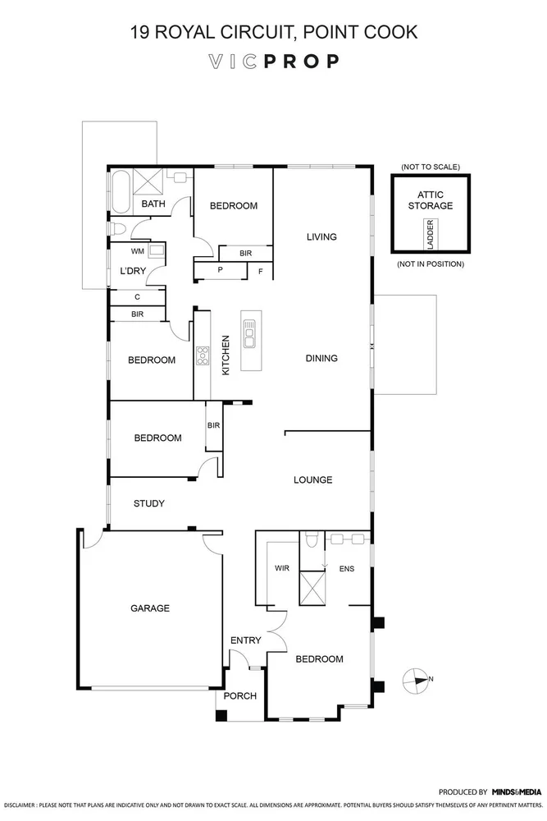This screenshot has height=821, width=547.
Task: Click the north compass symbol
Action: pos(417,678)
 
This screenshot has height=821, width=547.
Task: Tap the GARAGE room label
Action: pos(150,608)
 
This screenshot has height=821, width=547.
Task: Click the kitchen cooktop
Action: pos(202,355)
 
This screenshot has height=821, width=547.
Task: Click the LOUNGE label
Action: pos(314,479)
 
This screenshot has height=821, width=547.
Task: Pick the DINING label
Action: pos(321,358)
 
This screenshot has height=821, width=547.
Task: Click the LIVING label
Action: pos(321,237)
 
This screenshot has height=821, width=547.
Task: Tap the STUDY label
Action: pos(148,503)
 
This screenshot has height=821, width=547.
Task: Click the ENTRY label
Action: pos(245,640)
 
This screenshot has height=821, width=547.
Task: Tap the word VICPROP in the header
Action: pos(273,61)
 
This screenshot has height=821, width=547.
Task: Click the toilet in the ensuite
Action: pos(310,541)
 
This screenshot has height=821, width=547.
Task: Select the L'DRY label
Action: pos(132,270)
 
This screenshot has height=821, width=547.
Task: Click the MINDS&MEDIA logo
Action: pos(516,791)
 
